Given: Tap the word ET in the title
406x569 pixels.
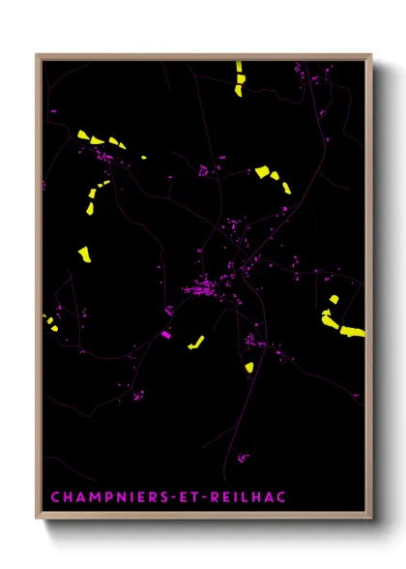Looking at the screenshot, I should tap(192, 497).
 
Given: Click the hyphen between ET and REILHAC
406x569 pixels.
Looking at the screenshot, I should tap(212, 497).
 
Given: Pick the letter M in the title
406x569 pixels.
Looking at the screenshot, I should tap(90, 497).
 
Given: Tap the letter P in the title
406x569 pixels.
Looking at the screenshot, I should tap(105, 497).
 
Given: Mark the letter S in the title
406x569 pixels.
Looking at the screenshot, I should tap(160, 497).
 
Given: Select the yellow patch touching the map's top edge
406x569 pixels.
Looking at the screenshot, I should tap(238, 75).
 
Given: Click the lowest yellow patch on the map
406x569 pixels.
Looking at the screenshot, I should tap(248, 367).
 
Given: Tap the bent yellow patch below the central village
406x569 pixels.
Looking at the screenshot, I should tap(196, 341).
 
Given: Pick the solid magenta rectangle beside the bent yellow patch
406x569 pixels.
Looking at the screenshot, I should tap(165, 335).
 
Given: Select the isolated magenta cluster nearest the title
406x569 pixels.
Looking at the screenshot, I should tap(243, 457).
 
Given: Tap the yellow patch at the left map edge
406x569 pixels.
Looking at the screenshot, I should tap(49, 320).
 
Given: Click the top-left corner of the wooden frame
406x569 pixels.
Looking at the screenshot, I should tap(38, 55).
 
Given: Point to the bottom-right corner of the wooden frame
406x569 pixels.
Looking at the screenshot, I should tap(371, 521).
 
